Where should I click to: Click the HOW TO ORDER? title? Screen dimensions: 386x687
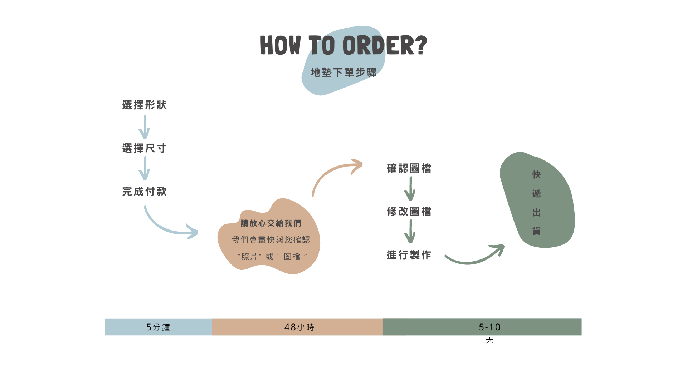point(343,45)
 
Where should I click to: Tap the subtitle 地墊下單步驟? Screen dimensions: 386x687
point(343,73)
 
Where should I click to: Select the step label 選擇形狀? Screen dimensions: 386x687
point(144,105)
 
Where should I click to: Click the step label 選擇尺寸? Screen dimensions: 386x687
point(144,148)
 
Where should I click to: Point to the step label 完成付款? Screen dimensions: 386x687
point(144,192)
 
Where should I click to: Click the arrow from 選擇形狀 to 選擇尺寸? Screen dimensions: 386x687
point(144,127)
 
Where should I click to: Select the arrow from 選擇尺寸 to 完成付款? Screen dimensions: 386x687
point(144,168)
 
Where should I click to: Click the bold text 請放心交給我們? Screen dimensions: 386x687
point(271,223)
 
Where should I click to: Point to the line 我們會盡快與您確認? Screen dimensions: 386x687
point(271,240)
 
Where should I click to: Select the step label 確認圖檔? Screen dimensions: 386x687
point(409,168)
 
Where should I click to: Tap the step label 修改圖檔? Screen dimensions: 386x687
point(409,212)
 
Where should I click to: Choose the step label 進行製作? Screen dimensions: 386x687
point(409,255)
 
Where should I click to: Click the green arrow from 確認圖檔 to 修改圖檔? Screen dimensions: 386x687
point(410,189)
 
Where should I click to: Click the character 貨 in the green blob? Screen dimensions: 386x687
point(536,231)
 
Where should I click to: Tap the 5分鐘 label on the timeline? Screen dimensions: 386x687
point(158,327)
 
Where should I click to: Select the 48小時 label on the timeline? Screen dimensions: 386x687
point(299,327)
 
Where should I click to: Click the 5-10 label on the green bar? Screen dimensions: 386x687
point(489,327)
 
